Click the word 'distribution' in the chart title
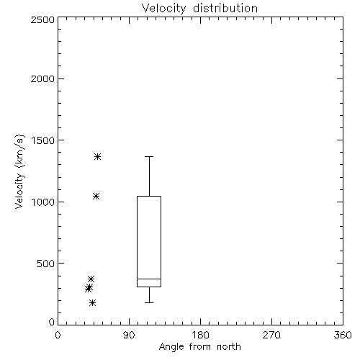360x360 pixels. pos(225,8)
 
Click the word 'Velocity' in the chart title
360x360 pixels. pos(163,9)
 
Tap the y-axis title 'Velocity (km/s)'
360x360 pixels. pos(19,171)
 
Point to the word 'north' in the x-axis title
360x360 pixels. pos(229,346)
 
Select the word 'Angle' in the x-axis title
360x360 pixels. pos(171,347)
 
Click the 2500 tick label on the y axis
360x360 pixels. pos(42,19)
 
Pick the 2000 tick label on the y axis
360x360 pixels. pos(42,78)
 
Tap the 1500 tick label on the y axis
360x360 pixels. pos(43,140)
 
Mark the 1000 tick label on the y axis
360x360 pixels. pos(43,202)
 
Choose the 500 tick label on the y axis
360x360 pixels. pos(46,264)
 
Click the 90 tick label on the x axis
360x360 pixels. pos(129,335)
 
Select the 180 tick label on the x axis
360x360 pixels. pos(200,335)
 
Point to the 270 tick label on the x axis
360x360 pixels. pos(271,335)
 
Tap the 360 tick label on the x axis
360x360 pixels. pos(343,335)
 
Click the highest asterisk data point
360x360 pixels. pos(97,157)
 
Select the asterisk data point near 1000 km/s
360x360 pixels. pos(96,197)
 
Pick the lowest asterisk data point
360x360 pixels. pos(93,303)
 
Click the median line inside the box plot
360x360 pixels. pos(149,279)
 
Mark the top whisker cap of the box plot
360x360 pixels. pos(149,156)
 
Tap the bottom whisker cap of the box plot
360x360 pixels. pos(149,302)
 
